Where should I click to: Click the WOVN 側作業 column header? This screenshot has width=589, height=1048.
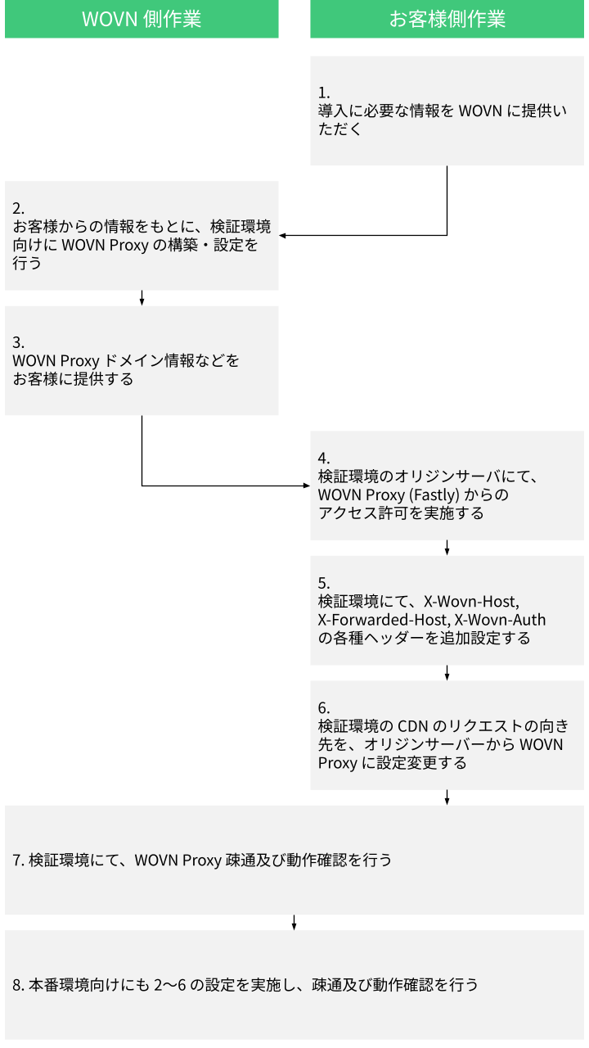point(142,20)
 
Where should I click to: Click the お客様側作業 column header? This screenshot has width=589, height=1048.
point(447,20)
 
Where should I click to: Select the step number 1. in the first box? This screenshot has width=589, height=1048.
point(324,92)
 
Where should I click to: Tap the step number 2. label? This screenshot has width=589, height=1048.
point(19,208)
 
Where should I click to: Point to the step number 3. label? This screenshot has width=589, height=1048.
point(19,341)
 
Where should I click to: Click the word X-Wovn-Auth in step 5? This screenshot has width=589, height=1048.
point(500,619)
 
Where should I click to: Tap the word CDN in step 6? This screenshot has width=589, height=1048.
point(412,726)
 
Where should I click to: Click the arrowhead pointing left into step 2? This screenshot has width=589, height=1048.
point(282,236)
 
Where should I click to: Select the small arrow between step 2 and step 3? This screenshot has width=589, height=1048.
point(142,298)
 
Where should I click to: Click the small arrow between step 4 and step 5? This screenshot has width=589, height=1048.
point(447,548)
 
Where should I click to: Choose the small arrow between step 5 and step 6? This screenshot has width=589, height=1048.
point(447,672)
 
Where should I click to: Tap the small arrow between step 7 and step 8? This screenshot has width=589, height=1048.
point(294,922)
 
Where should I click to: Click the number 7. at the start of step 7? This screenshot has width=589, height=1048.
point(19,860)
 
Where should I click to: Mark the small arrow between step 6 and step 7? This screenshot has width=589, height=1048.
point(447,797)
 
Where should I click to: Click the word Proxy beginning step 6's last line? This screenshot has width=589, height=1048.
point(337,763)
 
